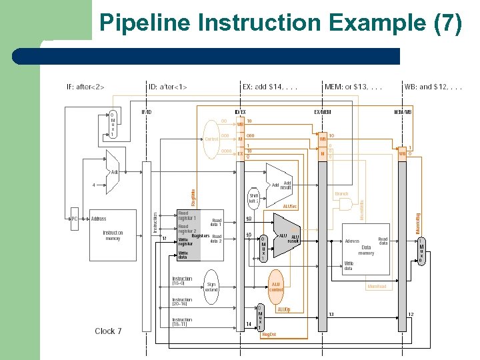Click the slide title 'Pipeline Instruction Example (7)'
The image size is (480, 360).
280,23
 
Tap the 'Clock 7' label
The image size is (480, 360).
108,331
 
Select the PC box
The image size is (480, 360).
75,219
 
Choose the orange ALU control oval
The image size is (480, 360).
275,287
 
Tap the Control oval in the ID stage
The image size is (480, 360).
211,139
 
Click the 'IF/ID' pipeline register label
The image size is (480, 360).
146,112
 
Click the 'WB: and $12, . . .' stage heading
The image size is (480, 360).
433,87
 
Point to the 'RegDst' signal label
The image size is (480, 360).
269,334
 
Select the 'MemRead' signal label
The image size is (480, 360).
377,287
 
